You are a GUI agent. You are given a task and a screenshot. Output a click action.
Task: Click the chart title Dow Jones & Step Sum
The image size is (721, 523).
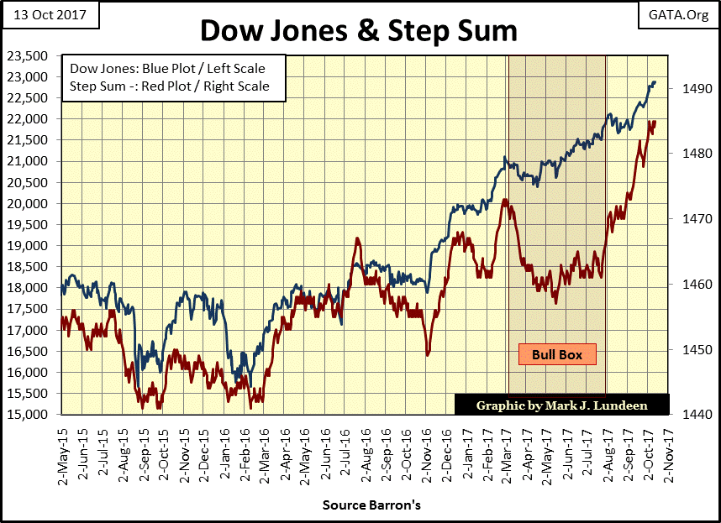pos(358,31)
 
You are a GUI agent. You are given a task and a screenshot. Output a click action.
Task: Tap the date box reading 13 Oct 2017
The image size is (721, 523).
pos(49,14)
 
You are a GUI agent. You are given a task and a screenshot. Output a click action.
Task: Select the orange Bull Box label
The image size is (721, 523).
pos(556,354)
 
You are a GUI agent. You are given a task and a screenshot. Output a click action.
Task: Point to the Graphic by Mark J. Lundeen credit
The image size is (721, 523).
pos(562,405)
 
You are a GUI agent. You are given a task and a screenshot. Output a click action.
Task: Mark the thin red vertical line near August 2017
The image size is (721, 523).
pos(607,210)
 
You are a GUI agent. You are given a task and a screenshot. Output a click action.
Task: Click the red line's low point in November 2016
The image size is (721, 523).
pos(428,354)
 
